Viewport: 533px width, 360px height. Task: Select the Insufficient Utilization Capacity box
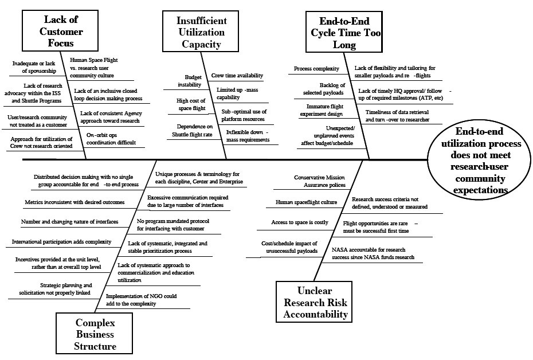point(201,32)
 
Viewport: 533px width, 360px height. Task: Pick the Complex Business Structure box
point(95,334)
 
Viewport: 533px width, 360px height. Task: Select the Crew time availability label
point(237,76)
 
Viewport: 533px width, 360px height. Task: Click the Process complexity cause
point(316,69)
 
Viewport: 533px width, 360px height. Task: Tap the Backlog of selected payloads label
point(323,88)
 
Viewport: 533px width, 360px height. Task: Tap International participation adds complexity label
point(61,242)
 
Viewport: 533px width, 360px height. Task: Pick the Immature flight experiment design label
point(325,110)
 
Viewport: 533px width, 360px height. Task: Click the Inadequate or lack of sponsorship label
point(34,67)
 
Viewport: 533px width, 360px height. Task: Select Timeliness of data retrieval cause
point(397,116)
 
